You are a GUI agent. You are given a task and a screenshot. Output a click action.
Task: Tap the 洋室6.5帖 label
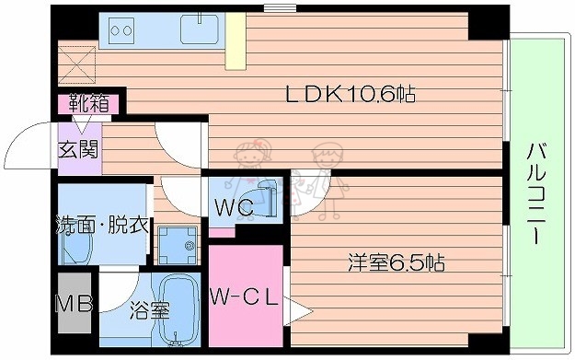(x=397, y=263)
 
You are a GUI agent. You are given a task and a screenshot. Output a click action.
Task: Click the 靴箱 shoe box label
(x=86, y=103)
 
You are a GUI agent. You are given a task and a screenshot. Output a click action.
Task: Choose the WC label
(x=234, y=208)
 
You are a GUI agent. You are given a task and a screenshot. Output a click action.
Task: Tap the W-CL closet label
(x=242, y=296)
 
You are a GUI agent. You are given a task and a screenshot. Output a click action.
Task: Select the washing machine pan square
(x=178, y=244)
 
